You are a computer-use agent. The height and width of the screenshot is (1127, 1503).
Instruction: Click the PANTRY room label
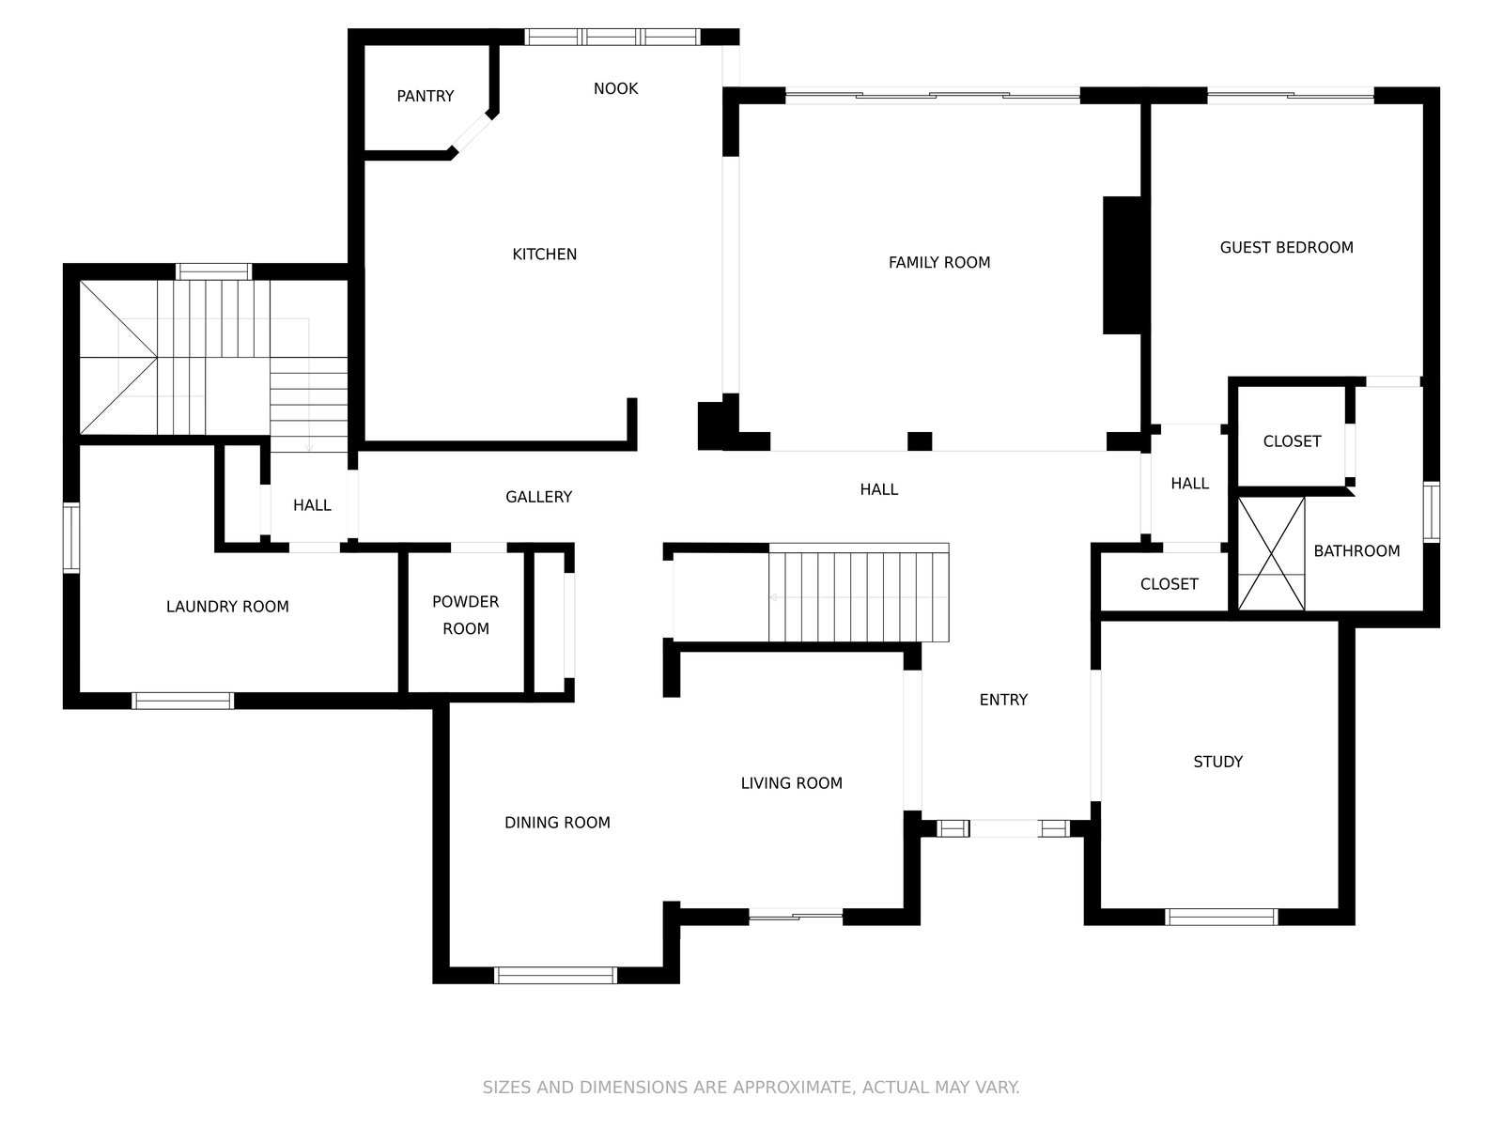(426, 96)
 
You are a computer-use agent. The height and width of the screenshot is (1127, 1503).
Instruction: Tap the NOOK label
(615, 88)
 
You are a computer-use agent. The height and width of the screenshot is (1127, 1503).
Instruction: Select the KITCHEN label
(544, 254)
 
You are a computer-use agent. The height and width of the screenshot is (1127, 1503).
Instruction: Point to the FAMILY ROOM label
(938, 262)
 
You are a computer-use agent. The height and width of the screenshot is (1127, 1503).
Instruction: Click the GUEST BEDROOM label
(1286, 247)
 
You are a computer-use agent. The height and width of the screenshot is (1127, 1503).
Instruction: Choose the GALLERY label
(538, 497)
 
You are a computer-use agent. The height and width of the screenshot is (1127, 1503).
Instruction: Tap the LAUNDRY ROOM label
(227, 607)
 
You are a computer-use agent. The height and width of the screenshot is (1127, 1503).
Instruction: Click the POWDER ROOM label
(466, 614)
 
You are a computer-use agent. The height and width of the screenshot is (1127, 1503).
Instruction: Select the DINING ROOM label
(557, 823)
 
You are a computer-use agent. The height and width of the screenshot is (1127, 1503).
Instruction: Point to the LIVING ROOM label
(791, 783)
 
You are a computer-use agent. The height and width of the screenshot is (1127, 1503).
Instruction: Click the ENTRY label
(1003, 700)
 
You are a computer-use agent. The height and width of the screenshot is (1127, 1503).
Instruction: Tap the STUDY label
(1217, 762)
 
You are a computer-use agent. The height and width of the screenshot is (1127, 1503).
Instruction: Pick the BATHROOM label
(1356, 551)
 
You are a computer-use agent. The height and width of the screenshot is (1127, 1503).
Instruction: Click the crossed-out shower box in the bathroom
(1271, 553)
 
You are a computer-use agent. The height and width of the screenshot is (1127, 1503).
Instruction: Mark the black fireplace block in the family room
(1121, 266)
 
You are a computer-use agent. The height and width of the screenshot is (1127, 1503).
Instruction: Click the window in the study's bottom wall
(1221, 917)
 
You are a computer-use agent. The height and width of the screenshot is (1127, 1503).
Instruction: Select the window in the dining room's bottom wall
(555, 975)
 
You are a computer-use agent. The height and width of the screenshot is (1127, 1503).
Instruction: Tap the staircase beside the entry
(858, 593)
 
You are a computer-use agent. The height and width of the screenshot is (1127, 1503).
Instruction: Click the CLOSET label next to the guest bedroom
(1292, 441)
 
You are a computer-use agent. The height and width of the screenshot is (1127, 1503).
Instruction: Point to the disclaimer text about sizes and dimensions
(751, 1088)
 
